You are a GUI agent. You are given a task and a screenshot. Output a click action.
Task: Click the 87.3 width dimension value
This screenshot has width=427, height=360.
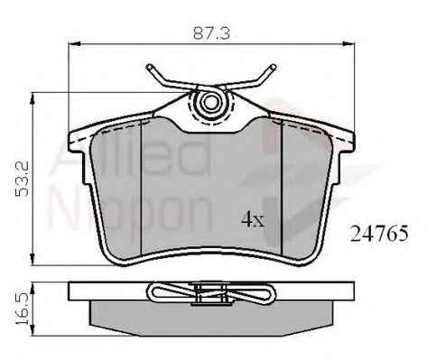tap(211, 32)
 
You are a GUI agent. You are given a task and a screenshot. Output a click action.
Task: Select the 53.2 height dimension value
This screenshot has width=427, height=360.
tap(22, 179)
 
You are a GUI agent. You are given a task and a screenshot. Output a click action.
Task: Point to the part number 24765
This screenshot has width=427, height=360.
tap(380, 234)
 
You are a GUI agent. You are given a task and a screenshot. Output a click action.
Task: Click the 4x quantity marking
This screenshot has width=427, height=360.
tap(253, 219)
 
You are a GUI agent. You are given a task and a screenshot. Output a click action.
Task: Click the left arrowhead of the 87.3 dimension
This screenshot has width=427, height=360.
tap(75, 44)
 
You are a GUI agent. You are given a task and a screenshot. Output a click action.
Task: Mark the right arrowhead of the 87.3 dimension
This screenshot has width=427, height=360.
tap(348, 44)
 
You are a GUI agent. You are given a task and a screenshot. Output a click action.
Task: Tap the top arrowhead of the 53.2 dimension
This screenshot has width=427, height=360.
tap(32, 99)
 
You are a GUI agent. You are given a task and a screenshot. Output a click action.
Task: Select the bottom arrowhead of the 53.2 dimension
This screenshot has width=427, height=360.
tap(32, 259)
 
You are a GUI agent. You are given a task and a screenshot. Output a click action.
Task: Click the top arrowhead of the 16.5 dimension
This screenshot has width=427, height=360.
tap(32, 289)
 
